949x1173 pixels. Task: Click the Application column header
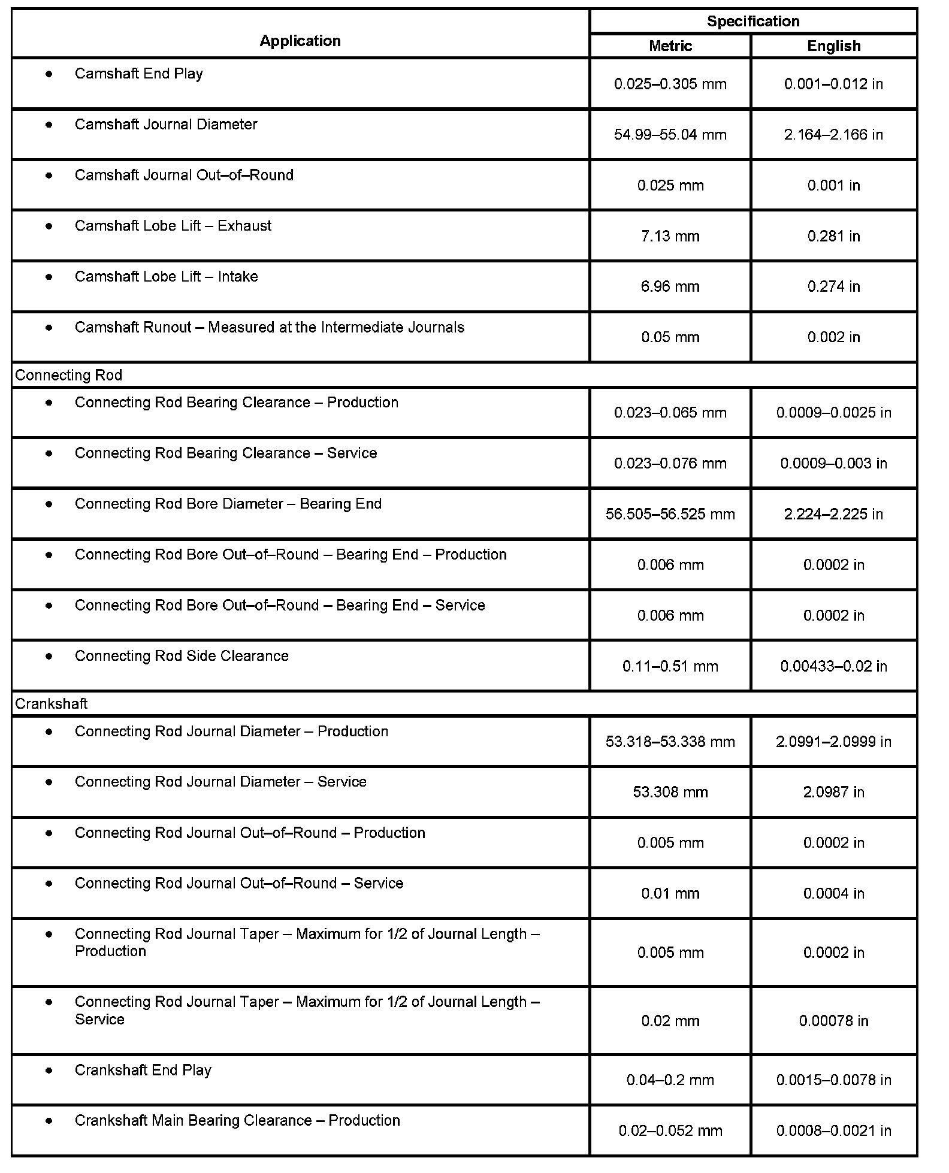[x=300, y=41]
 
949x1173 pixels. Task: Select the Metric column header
[x=670, y=46]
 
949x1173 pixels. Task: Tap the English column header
[x=833, y=46]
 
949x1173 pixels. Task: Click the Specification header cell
[x=752, y=22]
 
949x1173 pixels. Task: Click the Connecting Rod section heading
[x=68, y=375]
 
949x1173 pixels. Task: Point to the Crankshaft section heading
[x=51, y=703]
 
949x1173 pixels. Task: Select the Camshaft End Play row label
[x=138, y=74]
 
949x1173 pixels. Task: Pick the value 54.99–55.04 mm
[x=670, y=135]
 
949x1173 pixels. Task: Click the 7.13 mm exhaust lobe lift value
[x=670, y=236]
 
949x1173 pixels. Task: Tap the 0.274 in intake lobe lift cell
[x=833, y=286]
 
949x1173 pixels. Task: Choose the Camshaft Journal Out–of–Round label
[x=184, y=175]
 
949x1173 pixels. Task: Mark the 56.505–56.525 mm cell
[x=670, y=514]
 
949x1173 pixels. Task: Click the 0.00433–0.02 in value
[x=833, y=666]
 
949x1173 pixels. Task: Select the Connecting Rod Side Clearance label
[x=182, y=656]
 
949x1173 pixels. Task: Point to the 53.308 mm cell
[x=670, y=792]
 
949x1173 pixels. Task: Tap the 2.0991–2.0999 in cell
[x=833, y=742]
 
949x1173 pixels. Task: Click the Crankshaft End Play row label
[x=143, y=1070]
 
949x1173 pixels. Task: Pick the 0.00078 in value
[x=833, y=1021]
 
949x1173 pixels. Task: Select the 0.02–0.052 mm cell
[x=670, y=1130]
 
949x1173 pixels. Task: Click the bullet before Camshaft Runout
[x=49, y=328]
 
